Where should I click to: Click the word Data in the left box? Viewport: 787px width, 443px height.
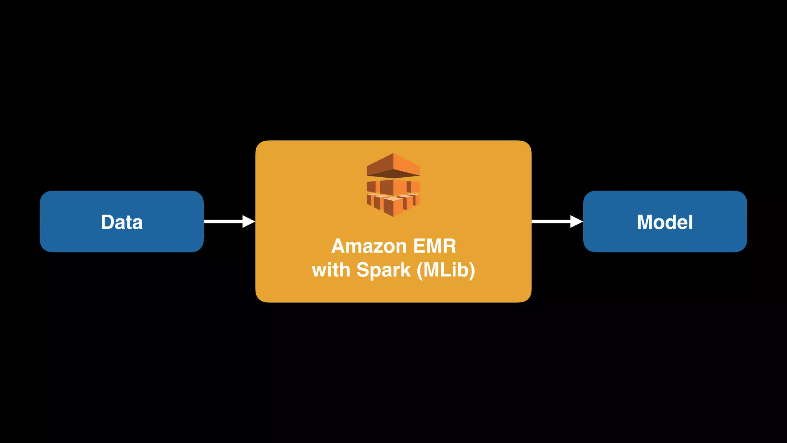pyautogui.click(x=121, y=222)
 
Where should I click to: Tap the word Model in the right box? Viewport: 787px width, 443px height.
pyautogui.click(x=665, y=222)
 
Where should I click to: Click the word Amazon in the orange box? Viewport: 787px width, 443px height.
pyautogui.click(x=369, y=246)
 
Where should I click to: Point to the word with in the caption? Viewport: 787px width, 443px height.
pyautogui.click(x=331, y=270)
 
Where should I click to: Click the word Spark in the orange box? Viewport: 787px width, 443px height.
pyautogui.click(x=384, y=270)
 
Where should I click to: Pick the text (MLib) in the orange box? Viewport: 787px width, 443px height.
pyautogui.click(x=446, y=270)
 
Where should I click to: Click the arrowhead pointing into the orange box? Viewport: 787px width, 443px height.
pyautogui.click(x=249, y=221)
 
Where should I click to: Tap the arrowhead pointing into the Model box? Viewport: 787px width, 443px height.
pyautogui.click(x=576, y=221)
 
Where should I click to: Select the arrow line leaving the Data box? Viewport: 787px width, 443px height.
pyautogui.click(x=223, y=221)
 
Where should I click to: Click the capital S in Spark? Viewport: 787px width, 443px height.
pyautogui.click(x=364, y=270)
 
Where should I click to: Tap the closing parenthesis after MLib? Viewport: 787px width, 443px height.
pyautogui.click(x=472, y=270)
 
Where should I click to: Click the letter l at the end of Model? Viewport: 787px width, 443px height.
pyautogui.click(x=691, y=222)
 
